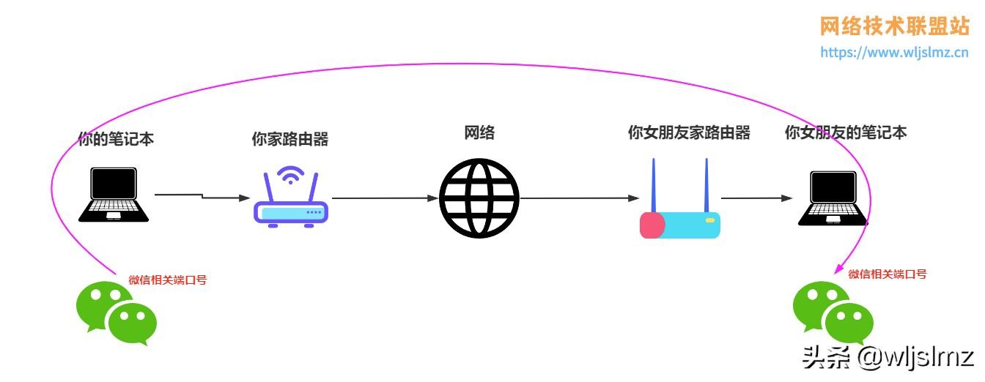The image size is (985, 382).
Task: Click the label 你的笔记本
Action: (116, 138)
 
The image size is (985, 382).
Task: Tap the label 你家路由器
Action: (289, 139)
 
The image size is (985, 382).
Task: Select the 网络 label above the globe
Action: (479, 132)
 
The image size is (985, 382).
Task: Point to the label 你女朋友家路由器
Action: (689, 132)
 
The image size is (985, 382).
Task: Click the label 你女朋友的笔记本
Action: (846, 132)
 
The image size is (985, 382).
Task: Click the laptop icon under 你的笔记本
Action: (114, 195)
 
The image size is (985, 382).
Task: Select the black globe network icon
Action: (479, 198)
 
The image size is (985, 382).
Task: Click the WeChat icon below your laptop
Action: (117, 314)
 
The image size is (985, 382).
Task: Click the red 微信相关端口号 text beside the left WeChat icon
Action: (168, 280)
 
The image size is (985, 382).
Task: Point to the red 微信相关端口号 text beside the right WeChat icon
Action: (888, 274)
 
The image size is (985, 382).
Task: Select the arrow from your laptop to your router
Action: (202, 196)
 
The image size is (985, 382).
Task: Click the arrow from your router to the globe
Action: (385, 198)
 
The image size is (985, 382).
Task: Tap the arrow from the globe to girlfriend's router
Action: (579, 198)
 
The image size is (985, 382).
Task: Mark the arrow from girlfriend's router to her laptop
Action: (757, 198)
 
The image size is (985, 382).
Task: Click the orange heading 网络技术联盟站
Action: (894, 26)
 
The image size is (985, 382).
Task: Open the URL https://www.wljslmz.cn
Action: (894, 52)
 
